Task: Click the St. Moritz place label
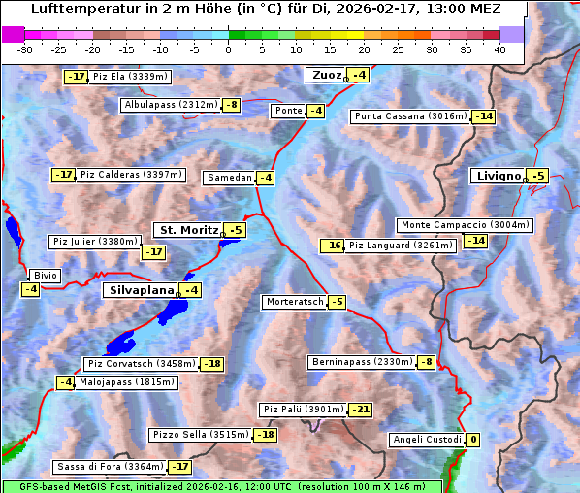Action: [188, 230]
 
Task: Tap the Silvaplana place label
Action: [141, 290]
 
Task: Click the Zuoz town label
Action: [324, 75]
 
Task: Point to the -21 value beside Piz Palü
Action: [360, 410]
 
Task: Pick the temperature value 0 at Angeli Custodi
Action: [472, 440]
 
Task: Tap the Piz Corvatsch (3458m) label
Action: [141, 364]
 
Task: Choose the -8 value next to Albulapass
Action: [231, 105]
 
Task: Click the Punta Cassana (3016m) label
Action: [410, 116]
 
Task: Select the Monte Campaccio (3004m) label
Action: [465, 225]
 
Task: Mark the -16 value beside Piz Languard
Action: [333, 246]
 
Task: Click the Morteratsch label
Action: [294, 302]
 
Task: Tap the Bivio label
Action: [46, 276]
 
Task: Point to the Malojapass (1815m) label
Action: [127, 382]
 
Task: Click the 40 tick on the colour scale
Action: [499, 49]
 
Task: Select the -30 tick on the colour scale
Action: [25, 49]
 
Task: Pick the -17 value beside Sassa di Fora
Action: [179, 467]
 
